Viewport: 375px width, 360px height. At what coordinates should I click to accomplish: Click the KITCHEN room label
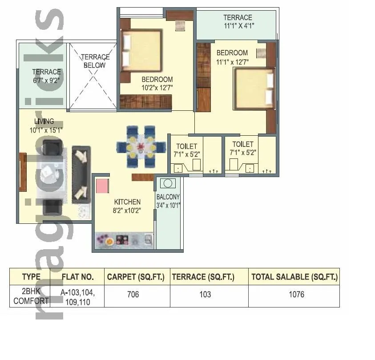(x=127, y=202)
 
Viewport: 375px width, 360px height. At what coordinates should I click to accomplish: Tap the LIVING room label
(x=44, y=121)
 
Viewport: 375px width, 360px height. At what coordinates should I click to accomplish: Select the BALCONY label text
(x=168, y=197)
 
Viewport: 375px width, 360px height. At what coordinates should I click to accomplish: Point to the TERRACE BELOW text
(x=95, y=61)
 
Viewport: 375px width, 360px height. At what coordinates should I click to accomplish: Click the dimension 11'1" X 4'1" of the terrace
(x=238, y=26)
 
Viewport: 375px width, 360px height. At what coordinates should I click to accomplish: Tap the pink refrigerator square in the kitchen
(x=103, y=185)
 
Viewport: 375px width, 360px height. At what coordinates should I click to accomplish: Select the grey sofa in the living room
(x=81, y=174)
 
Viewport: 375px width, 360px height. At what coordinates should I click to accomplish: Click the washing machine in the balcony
(x=168, y=183)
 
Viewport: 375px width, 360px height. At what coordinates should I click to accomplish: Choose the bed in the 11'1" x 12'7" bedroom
(x=254, y=89)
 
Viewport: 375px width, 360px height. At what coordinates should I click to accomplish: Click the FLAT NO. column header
(x=77, y=277)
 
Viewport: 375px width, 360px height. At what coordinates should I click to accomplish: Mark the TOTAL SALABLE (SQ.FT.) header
(x=294, y=277)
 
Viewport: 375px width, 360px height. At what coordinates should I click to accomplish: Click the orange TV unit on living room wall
(x=23, y=172)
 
